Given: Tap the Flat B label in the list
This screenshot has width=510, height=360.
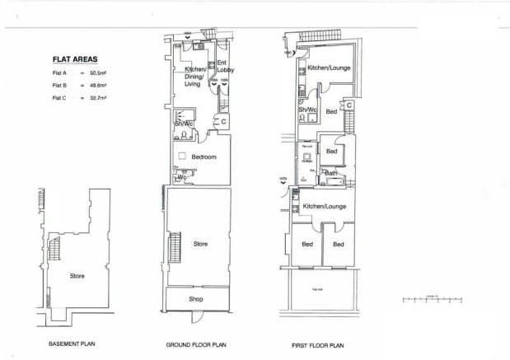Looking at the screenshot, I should coord(58,85).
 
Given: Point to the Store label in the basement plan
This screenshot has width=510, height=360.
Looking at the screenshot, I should coord(77,275).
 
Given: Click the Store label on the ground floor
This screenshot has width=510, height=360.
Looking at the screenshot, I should coord(200,244).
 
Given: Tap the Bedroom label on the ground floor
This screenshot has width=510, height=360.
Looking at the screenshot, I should coord(204,157).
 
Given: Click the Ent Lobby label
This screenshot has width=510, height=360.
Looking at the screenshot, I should coord(225,67).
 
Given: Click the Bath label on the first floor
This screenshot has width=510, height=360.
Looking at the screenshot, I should coord(330,173).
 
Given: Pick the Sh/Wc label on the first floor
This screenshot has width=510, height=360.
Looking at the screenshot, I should coord(306,109).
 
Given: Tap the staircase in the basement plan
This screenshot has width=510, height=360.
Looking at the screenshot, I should coord(56,246).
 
